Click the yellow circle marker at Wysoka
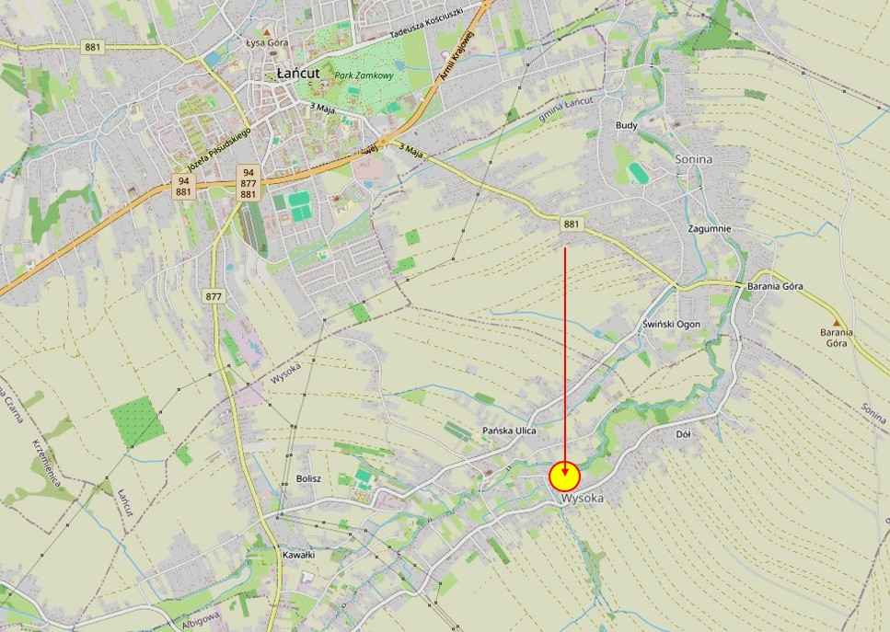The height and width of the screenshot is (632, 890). (x=564, y=477)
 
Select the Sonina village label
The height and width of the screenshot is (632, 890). (x=694, y=158)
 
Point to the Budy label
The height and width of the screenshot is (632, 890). (x=627, y=125)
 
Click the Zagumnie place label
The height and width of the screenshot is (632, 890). (x=710, y=228)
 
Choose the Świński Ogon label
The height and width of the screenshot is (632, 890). (x=671, y=324)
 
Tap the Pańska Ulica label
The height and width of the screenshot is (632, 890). (x=509, y=431)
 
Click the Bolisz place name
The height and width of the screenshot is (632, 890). (x=309, y=479)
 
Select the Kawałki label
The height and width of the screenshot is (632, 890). (x=299, y=555)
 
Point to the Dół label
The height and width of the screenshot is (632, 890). (x=683, y=433)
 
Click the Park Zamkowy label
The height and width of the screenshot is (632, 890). (x=356, y=75)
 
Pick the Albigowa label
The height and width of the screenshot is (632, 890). (x=201, y=624)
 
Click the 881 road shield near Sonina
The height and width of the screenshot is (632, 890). (x=572, y=224)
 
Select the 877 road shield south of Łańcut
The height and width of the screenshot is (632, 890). (x=214, y=296)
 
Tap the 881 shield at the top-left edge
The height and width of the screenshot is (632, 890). (x=92, y=47)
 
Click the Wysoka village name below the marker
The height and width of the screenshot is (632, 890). (x=583, y=499)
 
